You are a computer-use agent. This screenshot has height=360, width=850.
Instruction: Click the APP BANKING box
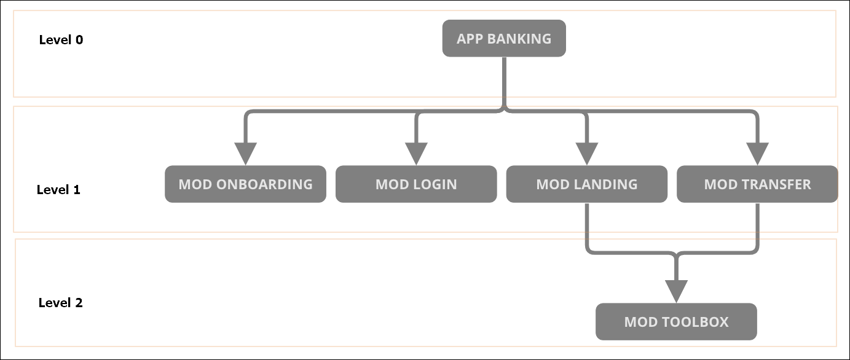click(x=504, y=39)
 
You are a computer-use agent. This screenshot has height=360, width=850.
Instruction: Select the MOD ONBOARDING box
click(x=245, y=184)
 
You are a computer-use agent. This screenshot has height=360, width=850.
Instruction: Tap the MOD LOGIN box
click(x=416, y=184)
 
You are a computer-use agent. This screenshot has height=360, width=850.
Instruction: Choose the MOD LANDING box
click(x=586, y=184)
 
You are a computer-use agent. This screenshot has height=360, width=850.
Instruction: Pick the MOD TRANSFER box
click(x=757, y=184)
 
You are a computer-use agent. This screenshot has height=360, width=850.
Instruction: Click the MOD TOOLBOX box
click(x=676, y=322)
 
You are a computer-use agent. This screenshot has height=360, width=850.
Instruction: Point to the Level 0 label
click(x=61, y=40)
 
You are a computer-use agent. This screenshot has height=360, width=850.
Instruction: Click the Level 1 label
click(x=58, y=190)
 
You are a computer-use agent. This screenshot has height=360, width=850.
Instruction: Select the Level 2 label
click(x=60, y=303)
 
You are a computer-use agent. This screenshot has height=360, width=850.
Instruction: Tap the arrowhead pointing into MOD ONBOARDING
click(x=245, y=153)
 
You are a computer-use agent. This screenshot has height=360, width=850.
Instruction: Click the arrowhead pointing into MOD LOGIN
click(x=416, y=153)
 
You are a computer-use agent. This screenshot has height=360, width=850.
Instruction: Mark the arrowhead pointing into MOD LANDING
click(x=586, y=153)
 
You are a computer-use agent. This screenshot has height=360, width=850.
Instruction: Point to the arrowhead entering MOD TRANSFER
click(x=757, y=153)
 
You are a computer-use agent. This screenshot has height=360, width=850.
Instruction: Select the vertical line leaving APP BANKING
click(x=504, y=83)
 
